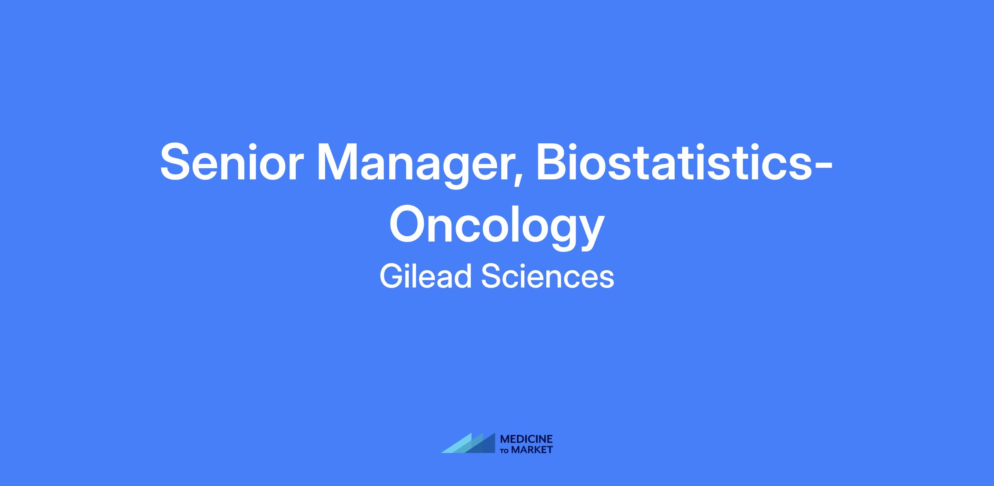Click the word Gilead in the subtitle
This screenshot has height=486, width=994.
click(426, 277)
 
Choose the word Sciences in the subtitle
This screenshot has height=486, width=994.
click(548, 277)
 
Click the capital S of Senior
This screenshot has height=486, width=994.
click(177, 162)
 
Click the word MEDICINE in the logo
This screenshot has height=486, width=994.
click(526, 439)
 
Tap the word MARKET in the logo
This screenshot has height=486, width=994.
click(532, 450)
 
